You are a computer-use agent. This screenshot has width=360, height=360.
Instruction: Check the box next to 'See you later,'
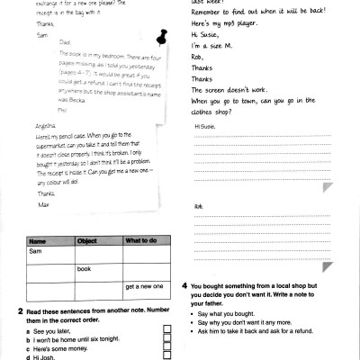click(166, 331)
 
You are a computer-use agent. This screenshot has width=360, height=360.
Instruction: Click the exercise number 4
click(184, 285)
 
